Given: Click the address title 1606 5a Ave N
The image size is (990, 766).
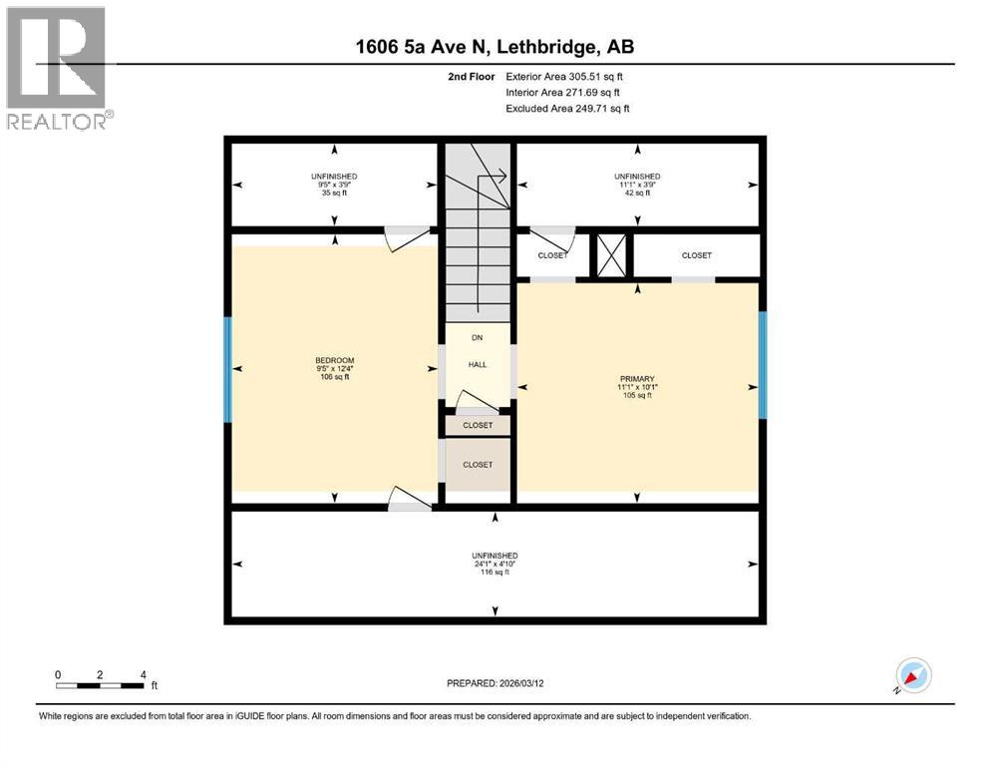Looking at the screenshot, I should tap(495, 46).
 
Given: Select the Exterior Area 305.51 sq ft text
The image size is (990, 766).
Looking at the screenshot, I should tap(565, 77).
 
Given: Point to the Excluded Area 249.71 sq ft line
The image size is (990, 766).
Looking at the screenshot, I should tap(567, 108).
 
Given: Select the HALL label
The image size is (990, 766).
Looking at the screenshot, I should tap(478, 365).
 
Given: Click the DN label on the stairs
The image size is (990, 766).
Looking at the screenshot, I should tap(478, 338).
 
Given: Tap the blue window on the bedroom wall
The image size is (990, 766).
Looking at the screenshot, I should tap(228, 369).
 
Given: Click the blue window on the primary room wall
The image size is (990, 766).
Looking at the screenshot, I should tap(763, 365).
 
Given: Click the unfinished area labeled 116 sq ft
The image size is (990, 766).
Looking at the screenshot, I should tap(495, 564).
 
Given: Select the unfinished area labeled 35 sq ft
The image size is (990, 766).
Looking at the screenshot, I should tap(333, 185).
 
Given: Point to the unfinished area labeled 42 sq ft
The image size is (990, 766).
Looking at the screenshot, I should tap(637, 185).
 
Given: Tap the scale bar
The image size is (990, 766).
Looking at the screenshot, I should tap(101, 685).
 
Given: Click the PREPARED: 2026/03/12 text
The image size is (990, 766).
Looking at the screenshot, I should tap(495, 683).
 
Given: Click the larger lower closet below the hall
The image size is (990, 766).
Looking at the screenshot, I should tap(478, 465).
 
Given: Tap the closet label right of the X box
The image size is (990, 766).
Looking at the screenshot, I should tap(696, 255).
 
